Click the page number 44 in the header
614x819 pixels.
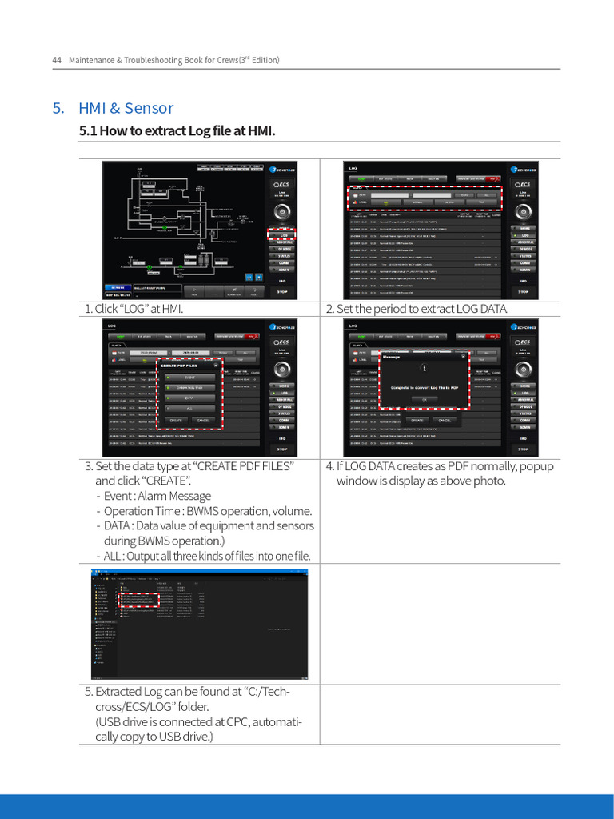(57, 60)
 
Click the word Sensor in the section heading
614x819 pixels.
(150, 109)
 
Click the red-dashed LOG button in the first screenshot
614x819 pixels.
(283, 235)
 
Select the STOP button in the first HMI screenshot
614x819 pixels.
(283, 292)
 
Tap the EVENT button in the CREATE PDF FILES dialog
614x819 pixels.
(189, 377)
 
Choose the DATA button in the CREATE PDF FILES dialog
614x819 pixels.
(189, 398)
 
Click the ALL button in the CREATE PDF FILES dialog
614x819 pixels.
(189, 408)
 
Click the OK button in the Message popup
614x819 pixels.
(424, 399)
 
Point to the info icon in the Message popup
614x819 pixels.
(424, 368)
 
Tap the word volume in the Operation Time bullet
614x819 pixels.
(292, 511)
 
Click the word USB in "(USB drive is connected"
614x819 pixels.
(112, 722)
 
